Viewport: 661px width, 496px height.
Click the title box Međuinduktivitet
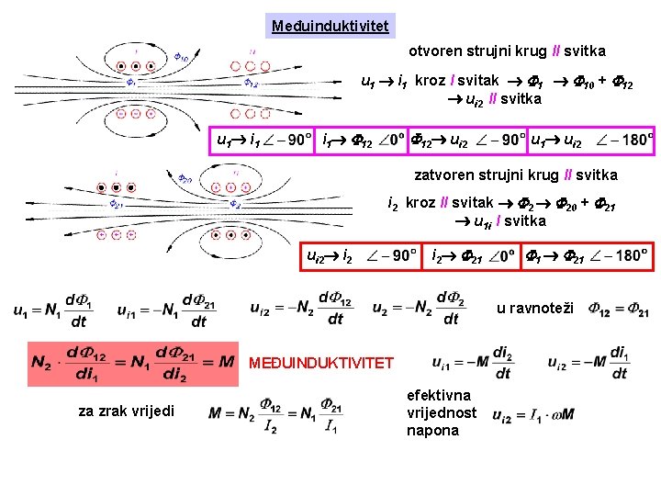(x=332, y=25)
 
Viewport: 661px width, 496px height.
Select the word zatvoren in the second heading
(x=443, y=175)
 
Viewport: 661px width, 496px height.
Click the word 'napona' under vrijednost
(x=432, y=430)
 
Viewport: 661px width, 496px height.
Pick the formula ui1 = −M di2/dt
(x=473, y=362)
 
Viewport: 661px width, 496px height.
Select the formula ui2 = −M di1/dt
(x=588, y=362)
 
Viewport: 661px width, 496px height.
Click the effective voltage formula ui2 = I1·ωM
(x=533, y=414)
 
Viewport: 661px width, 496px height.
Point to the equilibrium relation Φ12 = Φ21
(x=619, y=310)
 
